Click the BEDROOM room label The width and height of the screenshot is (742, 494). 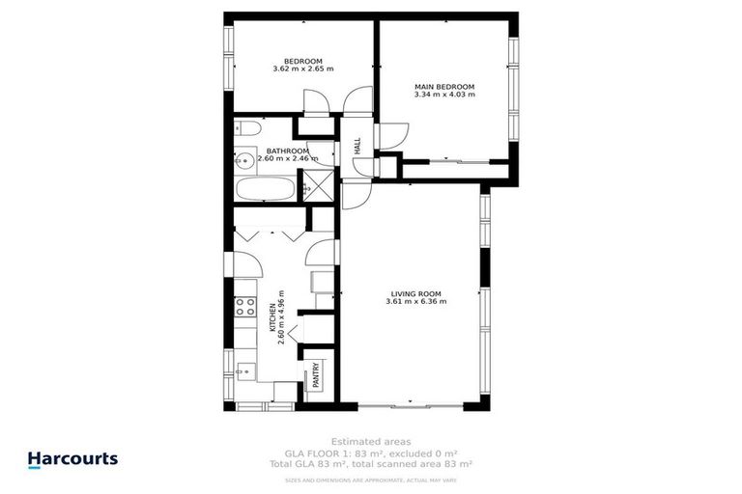pyautogui.click(x=302, y=61)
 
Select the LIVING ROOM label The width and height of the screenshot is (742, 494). pyautogui.click(x=415, y=293)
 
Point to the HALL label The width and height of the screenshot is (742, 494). pyautogui.click(x=357, y=147)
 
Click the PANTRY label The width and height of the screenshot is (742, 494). pyautogui.click(x=316, y=374)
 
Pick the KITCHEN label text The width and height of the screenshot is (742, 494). pyautogui.click(x=271, y=317)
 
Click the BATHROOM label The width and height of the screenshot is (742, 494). pyautogui.click(x=288, y=151)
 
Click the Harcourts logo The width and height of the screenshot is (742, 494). pyautogui.click(x=72, y=460)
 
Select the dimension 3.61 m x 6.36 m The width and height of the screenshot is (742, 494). pyautogui.click(x=415, y=302)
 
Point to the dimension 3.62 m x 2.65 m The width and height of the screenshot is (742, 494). pyautogui.click(x=302, y=69)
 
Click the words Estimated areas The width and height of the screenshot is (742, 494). pyautogui.click(x=371, y=440)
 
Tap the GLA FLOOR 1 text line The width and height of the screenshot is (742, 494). pyautogui.click(x=371, y=452)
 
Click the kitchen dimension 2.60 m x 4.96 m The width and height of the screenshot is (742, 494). pyautogui.click(x=280, y=317)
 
